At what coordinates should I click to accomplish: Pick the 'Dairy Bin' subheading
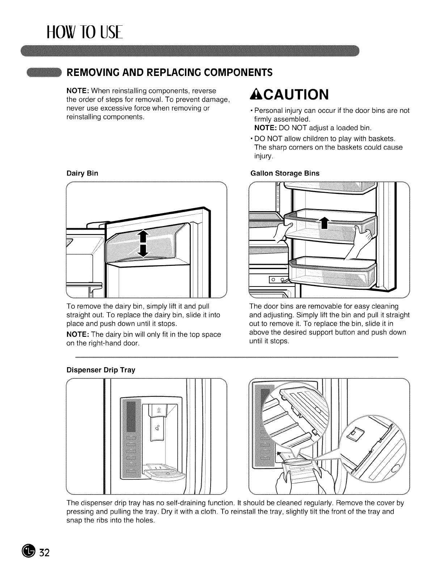(x=82, y=173)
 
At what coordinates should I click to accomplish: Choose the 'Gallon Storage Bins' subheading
(x=285, y=173)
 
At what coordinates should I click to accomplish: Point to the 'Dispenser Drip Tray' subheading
(x=101, y=370)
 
